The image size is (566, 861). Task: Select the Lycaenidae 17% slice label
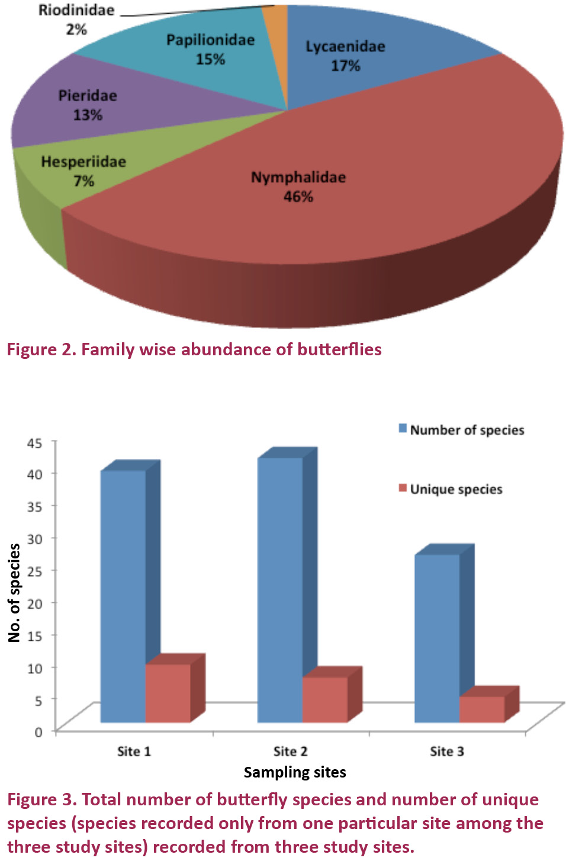(345, 56)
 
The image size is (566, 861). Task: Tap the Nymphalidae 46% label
(298, 187)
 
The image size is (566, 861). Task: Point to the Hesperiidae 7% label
(83, 171)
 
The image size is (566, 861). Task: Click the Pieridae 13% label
(88, 105)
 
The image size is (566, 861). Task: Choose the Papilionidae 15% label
(210, 49)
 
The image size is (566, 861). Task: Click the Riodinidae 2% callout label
(76, 20)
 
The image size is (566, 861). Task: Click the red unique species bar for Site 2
(324, 699)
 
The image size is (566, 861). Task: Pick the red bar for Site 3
(481, 709)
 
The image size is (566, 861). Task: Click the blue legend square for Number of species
(403, 429)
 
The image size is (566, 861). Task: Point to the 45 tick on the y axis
(35, 443)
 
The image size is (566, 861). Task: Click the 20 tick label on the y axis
(35, 603)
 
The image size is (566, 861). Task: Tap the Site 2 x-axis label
(290, 751)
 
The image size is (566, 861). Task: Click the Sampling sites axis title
(295, 772)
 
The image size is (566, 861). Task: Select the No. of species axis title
(15, 593)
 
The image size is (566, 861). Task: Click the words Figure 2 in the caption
(40, 349)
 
